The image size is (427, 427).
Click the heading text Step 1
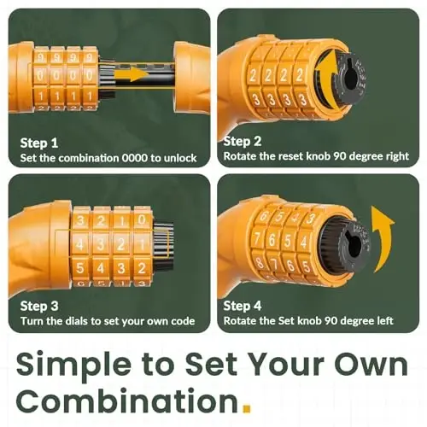point(39,143)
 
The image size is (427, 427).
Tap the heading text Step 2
point(243,142)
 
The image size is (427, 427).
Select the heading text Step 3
point(39,307)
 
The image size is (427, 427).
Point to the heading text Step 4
point(243,306)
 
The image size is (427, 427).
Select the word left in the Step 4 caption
point(385,321)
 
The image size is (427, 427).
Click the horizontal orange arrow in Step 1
point(131,74)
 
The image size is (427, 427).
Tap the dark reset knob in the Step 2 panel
point(352,79)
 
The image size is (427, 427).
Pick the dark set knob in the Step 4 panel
point(354,245)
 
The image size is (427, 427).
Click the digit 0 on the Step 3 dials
point(142,220)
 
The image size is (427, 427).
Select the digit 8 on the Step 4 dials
point(260,262)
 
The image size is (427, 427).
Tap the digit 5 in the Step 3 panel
point(80,268)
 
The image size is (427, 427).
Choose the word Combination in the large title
point(127,401)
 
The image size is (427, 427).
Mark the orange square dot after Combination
point(247,409)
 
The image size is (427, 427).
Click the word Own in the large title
point(371,365)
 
